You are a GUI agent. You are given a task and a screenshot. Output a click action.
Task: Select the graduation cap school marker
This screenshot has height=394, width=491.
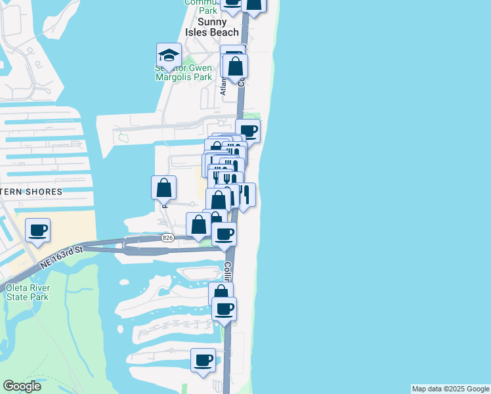(169, 56)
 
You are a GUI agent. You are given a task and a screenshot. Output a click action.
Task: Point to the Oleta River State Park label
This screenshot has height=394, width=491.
(27, 292)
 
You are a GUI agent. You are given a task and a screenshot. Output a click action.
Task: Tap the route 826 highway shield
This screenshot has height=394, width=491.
(167, 238)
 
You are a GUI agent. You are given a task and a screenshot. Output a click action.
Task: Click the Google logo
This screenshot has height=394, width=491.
(22, 386)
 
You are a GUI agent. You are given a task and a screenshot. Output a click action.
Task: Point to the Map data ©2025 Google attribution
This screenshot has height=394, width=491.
(451, 389)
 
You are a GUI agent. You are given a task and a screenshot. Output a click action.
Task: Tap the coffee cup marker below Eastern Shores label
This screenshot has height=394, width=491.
(38, 230)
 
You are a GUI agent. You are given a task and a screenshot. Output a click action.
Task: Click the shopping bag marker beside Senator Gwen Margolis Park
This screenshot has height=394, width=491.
(235, 66)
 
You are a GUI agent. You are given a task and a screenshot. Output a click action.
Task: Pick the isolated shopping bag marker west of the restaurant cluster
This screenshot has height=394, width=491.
(163, 188)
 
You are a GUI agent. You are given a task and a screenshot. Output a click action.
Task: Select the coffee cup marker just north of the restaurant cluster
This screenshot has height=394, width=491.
(247, 131)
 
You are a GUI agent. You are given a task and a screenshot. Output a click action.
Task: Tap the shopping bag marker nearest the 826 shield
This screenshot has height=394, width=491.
(198, 225)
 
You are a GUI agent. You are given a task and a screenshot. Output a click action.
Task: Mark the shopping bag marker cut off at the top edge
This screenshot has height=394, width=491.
(253, 4)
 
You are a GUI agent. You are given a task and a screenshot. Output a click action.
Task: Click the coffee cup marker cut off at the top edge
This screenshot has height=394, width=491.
(232, 3)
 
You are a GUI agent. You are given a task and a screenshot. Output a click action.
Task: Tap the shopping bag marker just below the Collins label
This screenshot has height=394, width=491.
(221, 294)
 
